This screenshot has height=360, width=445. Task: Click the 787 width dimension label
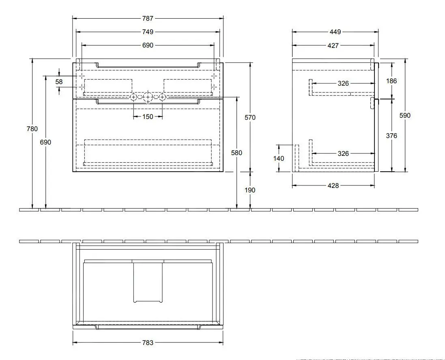click(x=148, y=18)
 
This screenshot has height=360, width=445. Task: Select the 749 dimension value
click(x=148, y=32)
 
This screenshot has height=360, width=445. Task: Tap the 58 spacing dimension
click(x=59, y=82)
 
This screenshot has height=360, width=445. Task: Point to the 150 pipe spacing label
click(x=148, y=116)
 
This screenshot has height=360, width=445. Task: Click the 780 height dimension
click(x=32, y=129)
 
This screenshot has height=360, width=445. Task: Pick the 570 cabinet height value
click(x=250, y=117)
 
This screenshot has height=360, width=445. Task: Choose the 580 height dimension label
click(x=236, y=153)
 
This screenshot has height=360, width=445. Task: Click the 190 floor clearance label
click(x=250, y=190)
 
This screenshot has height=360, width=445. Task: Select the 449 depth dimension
click(x=335, y=32)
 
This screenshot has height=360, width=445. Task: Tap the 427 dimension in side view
click(x=333, y=45)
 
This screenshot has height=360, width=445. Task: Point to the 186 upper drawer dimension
click(x=391, y=81)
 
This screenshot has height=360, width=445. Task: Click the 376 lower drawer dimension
click(x=391, y=136)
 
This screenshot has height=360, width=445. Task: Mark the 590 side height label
click(x=405, y=115)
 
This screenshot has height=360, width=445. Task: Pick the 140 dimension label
click(x=279, y=158)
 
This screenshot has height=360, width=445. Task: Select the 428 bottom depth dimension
click(x=333, y=185)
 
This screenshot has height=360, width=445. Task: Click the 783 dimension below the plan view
click(x=148, y=343)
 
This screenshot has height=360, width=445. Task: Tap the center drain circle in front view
click(x=148, y=97)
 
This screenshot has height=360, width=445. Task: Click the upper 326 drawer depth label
click(x=343, y=84)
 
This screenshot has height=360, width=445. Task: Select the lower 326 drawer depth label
click(x=343, y=153)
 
